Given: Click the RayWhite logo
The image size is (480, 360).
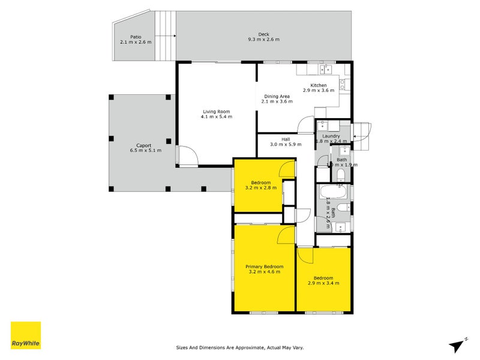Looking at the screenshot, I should coord(26,335).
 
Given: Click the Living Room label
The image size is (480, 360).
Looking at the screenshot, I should coord(216,112).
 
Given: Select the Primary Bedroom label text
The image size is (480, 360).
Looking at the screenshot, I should coord(264,266).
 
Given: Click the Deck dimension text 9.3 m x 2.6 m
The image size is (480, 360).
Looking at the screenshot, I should coord(264,40).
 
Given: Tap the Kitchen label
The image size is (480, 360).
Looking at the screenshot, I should coord(319,85).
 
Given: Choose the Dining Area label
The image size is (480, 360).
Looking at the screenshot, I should coord(277,96).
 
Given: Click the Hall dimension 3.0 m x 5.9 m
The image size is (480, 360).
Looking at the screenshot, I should coord(286,145).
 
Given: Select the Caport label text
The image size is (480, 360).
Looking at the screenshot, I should coord(143,145).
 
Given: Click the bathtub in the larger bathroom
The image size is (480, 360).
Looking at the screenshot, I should coord(331,193).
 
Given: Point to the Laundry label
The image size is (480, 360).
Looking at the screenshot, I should coord(331,136).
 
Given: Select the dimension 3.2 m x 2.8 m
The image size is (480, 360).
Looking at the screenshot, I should coord(261,188).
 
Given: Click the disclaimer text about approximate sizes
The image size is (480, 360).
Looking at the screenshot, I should coord(244,347).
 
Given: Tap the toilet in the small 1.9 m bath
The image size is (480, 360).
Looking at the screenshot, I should coord(340,175).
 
